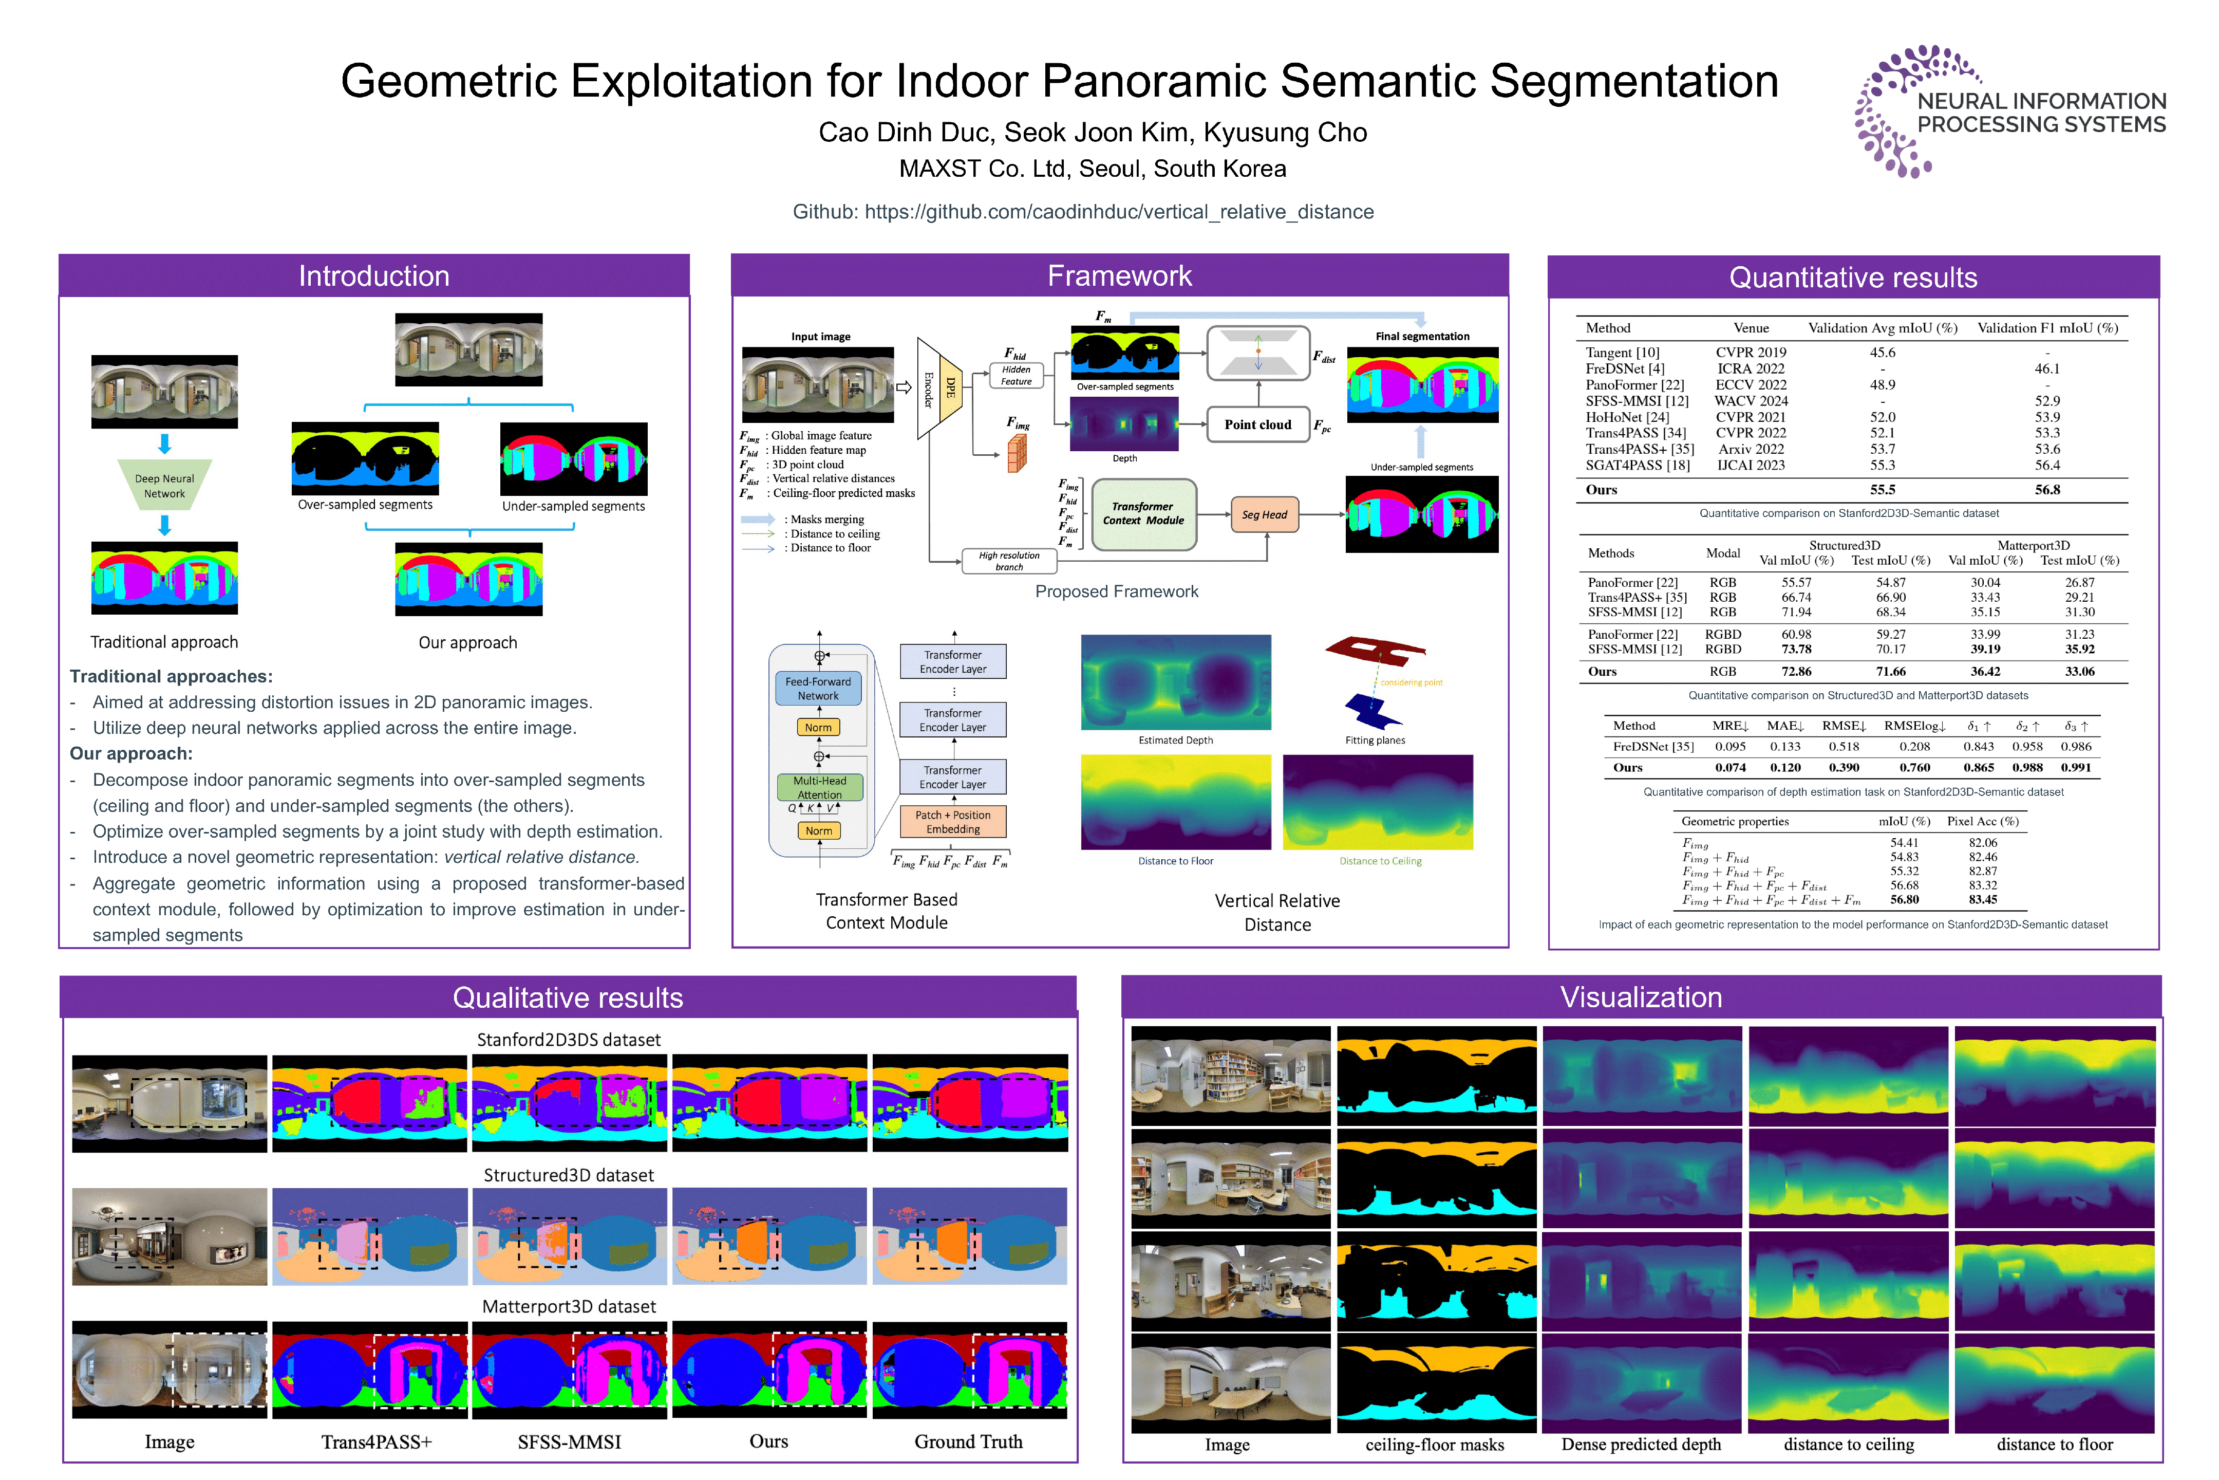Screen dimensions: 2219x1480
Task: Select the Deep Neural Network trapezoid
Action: coord(164,485)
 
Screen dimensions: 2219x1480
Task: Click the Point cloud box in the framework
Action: coord(1257,425)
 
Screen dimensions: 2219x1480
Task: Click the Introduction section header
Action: coord(374,275)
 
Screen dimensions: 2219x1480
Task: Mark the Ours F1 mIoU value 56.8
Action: coord(2047,490)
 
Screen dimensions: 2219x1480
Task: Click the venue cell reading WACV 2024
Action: coord(1751,401)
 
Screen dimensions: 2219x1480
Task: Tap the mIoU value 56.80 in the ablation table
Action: coord(1904,899)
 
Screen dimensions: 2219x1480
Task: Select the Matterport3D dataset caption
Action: coord(569,1306)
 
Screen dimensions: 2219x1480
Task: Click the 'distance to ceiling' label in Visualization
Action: coord(1849,1444)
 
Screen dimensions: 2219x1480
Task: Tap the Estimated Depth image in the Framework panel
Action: coord(1176,682)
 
